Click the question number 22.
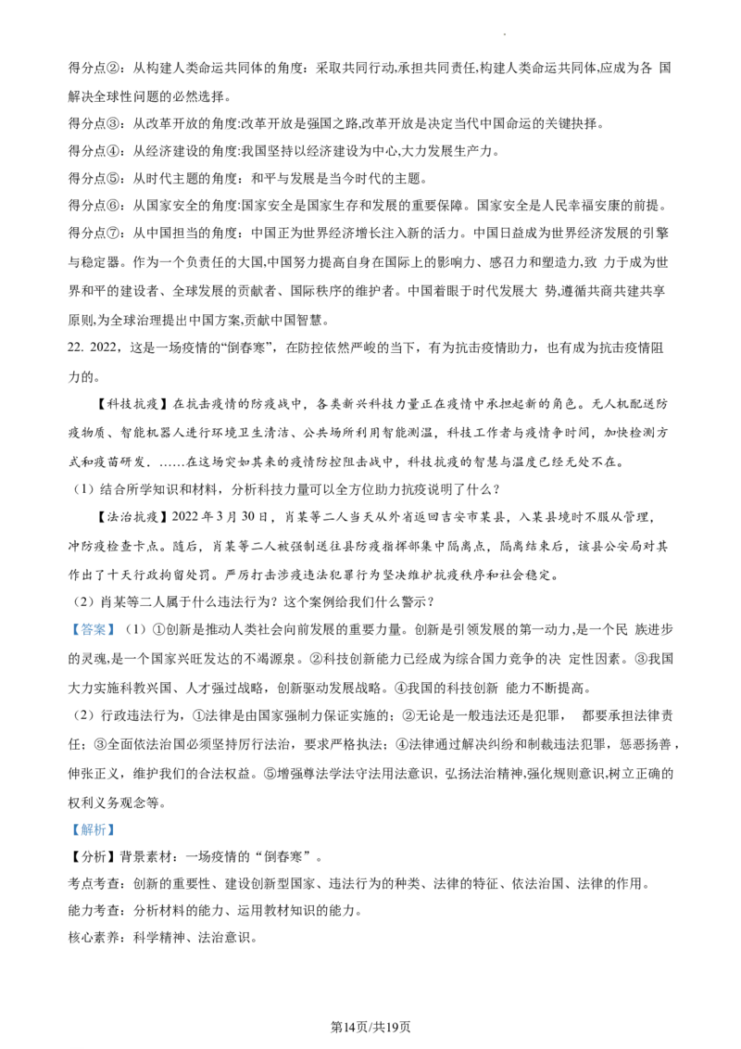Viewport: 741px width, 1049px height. (x=77, y=348)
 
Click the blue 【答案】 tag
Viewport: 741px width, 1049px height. (x=93, y=629)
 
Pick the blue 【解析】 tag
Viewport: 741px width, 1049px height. (x=93, y=829)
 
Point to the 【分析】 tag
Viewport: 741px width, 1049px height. (x=93, y=857)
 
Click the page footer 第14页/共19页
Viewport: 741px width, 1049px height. (x=370, y=1027)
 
